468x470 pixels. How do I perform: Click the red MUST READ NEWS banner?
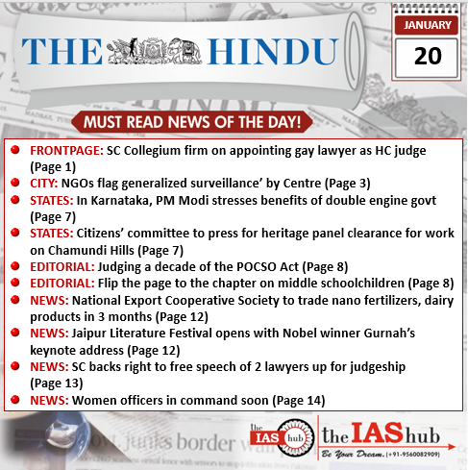192,122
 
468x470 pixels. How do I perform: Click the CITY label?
44,183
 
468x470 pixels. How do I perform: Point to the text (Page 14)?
293,399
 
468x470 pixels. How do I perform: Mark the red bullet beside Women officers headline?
16,399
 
